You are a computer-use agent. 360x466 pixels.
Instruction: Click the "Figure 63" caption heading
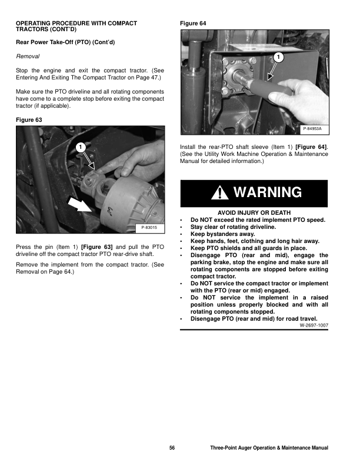29,119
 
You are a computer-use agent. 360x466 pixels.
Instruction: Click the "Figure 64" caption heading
194,23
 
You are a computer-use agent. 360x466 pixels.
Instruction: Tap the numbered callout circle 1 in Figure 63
81,146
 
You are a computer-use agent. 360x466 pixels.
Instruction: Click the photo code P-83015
152,227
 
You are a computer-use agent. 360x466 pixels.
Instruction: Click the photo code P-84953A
315,129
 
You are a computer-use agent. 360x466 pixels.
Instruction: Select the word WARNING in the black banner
267,192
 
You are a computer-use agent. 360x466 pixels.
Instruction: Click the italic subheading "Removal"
27,56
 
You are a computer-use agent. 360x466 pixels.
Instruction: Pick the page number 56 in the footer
172,448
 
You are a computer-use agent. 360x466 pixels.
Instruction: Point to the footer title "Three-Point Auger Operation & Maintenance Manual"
269,448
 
